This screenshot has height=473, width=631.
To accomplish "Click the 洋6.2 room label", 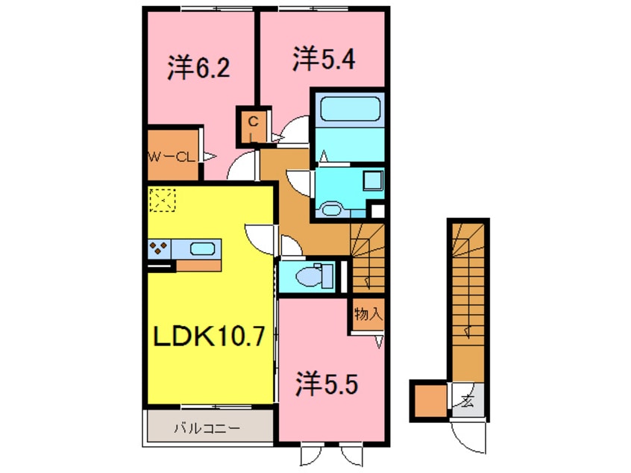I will pyautogui.click(x=198, y=69).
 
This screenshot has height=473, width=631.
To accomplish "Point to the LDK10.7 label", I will pyautogui.click(x=209, y=339).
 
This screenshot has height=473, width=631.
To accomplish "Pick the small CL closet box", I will pyautogui.click(x=252, y=128).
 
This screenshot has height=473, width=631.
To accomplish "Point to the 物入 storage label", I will pyautogui.click(x=368, y=315).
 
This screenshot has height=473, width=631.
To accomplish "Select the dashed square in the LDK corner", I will pyautogui.click(x=162, y=200).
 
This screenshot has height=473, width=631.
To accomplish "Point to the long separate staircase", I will pyautogui.click(x=468, y=298).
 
